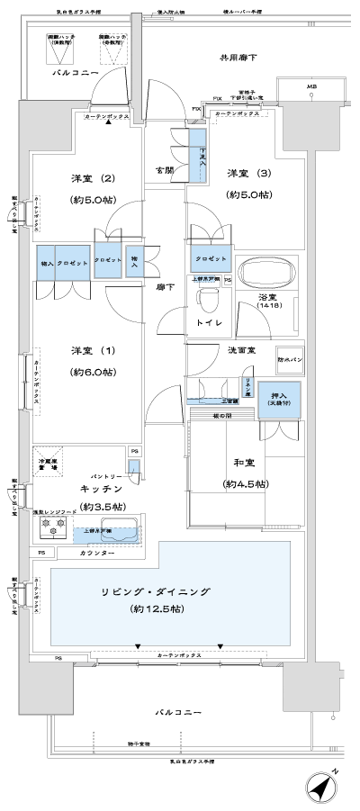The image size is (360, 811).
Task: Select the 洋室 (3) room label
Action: (x=244, y=173)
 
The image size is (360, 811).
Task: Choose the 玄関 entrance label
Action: (x=164, y=169)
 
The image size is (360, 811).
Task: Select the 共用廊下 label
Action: (x=238, y=58)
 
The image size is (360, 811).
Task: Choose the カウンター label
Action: (x=97, y=552)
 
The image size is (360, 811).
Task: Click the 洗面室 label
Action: (x=239, y=350)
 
